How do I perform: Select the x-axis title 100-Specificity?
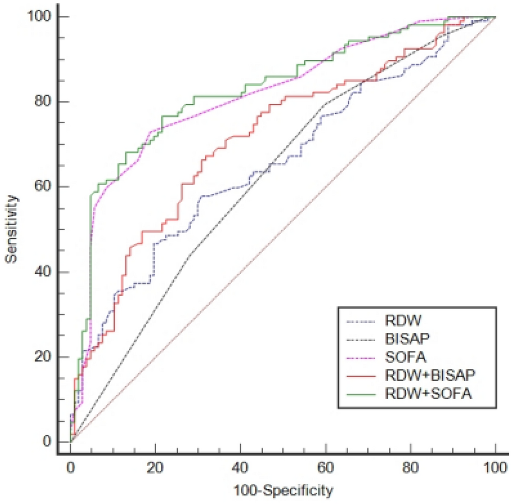(x=283, y=492)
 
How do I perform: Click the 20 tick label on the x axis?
(x=155, y=467)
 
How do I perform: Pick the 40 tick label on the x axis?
(x=240, y=467)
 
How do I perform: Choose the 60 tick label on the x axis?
(x=325, y=467)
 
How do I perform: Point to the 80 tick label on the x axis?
(x=411, y=467)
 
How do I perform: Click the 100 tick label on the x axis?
(x=495, y=467)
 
